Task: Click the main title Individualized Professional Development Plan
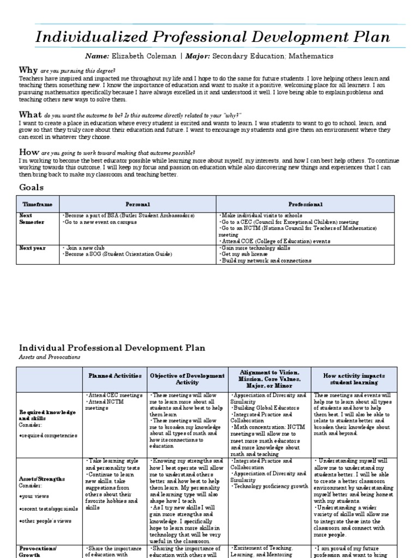(213, 38)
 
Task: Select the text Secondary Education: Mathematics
(272, 56)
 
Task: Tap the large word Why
(28, 70)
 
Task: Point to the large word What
(31, 114)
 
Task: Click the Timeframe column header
(37, 204)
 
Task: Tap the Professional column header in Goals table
(306, 204)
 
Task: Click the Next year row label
(33, 248)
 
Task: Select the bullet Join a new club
(85, 248)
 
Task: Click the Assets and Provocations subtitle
(50, 357)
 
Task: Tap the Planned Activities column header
(115, 376)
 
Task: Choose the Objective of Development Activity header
(187, 379)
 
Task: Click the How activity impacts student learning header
(354, 379)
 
